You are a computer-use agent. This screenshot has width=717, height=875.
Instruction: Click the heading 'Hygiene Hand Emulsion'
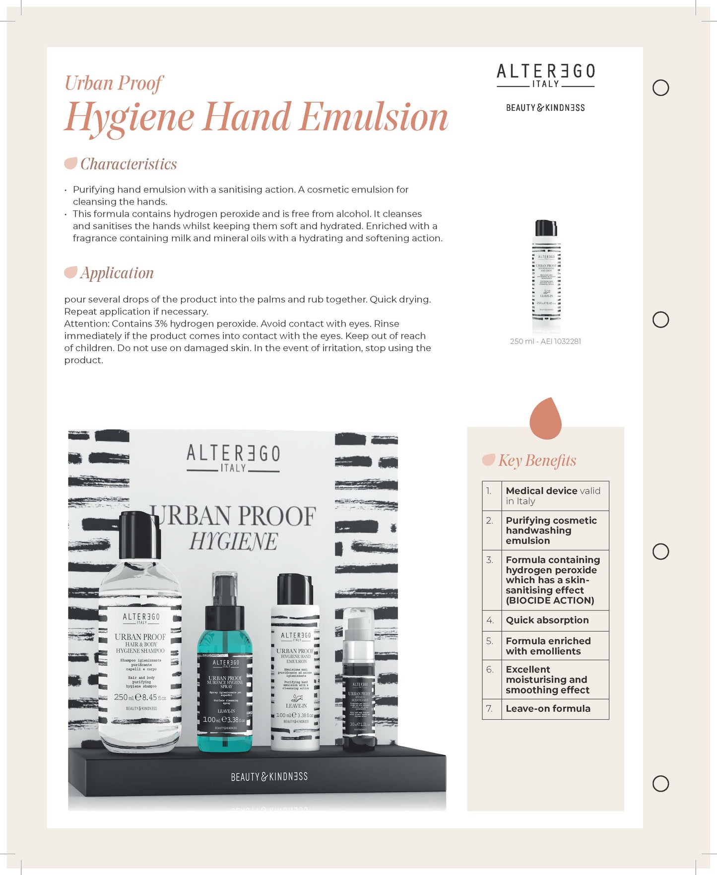pos(256,117)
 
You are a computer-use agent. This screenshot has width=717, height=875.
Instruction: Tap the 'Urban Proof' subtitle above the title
pos(114,83)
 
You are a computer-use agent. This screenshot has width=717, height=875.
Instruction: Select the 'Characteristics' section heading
pos(128,164)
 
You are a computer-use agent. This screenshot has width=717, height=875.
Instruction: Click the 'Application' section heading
pos(117,273)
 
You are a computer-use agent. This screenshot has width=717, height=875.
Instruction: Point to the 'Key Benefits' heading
pos(537,461)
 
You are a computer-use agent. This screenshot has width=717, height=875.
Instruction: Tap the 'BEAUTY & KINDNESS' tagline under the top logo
pos(545,108)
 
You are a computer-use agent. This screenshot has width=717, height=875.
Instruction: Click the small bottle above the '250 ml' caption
pos(546,275)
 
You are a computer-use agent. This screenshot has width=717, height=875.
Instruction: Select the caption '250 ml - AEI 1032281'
pos(545,341)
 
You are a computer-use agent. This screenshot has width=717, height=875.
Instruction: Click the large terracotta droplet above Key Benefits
pos(545,419)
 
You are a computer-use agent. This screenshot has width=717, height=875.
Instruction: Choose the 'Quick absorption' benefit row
pos(547,620)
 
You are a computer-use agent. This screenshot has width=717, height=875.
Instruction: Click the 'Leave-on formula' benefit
pos(548,709)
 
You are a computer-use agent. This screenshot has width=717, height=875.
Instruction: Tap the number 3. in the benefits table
pos(490,560)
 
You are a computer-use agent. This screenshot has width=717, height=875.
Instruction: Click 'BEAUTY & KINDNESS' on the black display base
pos(269,777)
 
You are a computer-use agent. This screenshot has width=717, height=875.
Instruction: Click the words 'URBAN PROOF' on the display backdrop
pos(236,516)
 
